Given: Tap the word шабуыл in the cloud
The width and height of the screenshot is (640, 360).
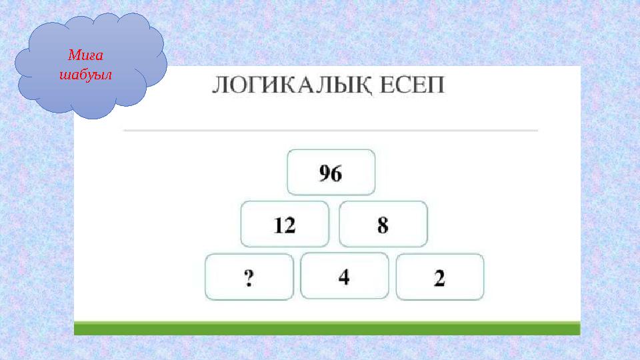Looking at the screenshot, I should tap(85, 73).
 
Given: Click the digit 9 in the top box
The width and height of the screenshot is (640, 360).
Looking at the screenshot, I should tap(325, 173).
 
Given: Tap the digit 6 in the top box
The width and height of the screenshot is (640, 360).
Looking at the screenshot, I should tap(337, 173).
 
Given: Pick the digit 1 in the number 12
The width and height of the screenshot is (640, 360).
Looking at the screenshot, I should tap(278, 225).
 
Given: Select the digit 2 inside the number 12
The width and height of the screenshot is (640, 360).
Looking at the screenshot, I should tap(289, 225).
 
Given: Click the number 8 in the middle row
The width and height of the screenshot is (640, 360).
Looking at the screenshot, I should tap(383, 225).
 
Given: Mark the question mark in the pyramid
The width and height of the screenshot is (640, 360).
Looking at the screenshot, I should tap(249, 278).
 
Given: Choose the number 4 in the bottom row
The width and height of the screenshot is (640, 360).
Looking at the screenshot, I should tap(344, 277).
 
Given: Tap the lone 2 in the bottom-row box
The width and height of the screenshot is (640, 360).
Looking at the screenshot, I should tap(439, 278).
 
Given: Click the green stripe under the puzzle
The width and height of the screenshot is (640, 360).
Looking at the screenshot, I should tap(327, 328).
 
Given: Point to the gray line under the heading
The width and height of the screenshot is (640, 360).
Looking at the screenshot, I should tap(330, 131).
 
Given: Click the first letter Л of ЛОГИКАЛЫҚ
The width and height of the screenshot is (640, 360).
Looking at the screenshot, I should tap(221, 87).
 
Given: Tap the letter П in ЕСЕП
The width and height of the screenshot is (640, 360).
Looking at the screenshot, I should tap(435, 87).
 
